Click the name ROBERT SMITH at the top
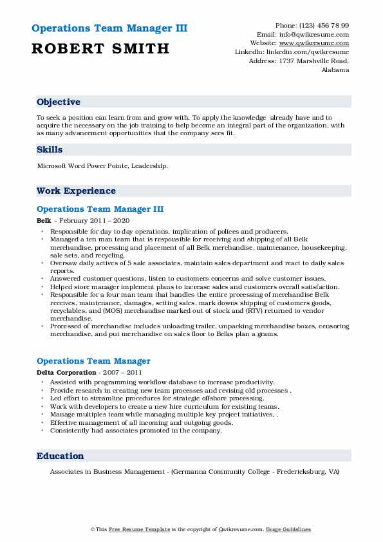[x=100, y=48]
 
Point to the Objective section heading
[x=59, y=102]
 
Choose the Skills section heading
[x=50, y=150]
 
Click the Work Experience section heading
[x=76, y=191]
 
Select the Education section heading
[x=60, y=456]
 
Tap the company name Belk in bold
[x=43, y=220]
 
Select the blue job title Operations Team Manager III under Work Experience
[x=100, y=209]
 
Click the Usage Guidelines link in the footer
[x=288, y=529]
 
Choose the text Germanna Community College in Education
[x=213, y=472]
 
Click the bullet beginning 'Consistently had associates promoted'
[x=136, y=431]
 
